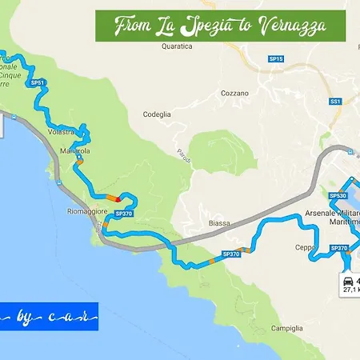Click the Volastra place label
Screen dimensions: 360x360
pyautogui.click(x=61, y=130)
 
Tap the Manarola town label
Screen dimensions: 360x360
pyautogui.click(x=74, y=150)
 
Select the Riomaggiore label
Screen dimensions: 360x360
pyautogui.click(x=83, y=213)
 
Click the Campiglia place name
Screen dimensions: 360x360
pyautogui.click(x=286, y=328)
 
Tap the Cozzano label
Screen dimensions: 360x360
pyautogui.click(x=235, y=93)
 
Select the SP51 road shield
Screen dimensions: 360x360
pyautogui.click(x=37, y=82)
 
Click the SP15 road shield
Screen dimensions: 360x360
pyautogui.click(x=276, y=59)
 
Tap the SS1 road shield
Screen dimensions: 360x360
pyautogui.click(x=336, y=102)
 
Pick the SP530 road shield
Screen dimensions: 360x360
pyautogui.click(x=338, y=195)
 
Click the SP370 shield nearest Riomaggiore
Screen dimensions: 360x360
pyautogui.click(x=123, y=214)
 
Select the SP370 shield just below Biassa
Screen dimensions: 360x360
pyautogui.click(x=230, y=254)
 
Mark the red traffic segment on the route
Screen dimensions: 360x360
pyautogui.click(x=118, y=198)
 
